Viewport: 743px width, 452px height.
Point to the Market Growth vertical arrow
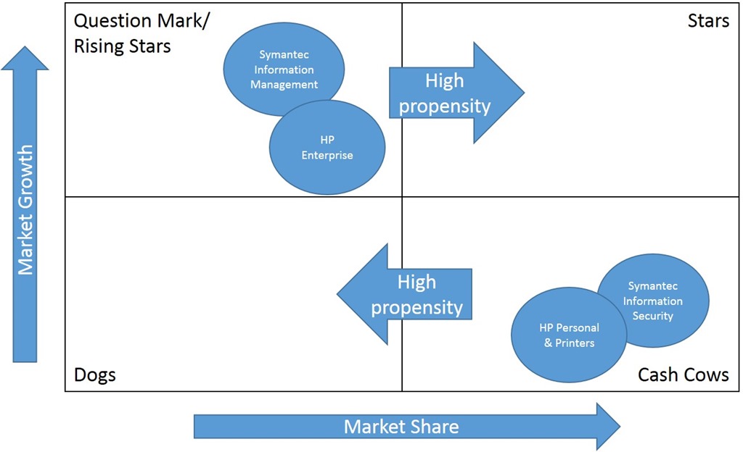pos(25,210)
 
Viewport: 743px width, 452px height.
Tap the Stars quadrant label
pos(708,20)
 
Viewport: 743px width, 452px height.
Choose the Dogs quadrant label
pos(95,374)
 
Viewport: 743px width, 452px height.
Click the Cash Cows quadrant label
pos(683,374)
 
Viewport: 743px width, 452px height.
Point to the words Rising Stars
pos(123,46)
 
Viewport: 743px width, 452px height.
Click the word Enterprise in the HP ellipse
pos(327,155)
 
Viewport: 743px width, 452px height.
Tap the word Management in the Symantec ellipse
pos(284,85)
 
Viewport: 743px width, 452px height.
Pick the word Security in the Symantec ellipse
pos(653,316)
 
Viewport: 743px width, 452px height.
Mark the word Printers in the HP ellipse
pos(575,343)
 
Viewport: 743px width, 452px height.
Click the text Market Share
pos(401,427)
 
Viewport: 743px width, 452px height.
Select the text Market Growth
pos(25,210)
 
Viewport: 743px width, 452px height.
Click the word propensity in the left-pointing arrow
pos(416,308)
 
